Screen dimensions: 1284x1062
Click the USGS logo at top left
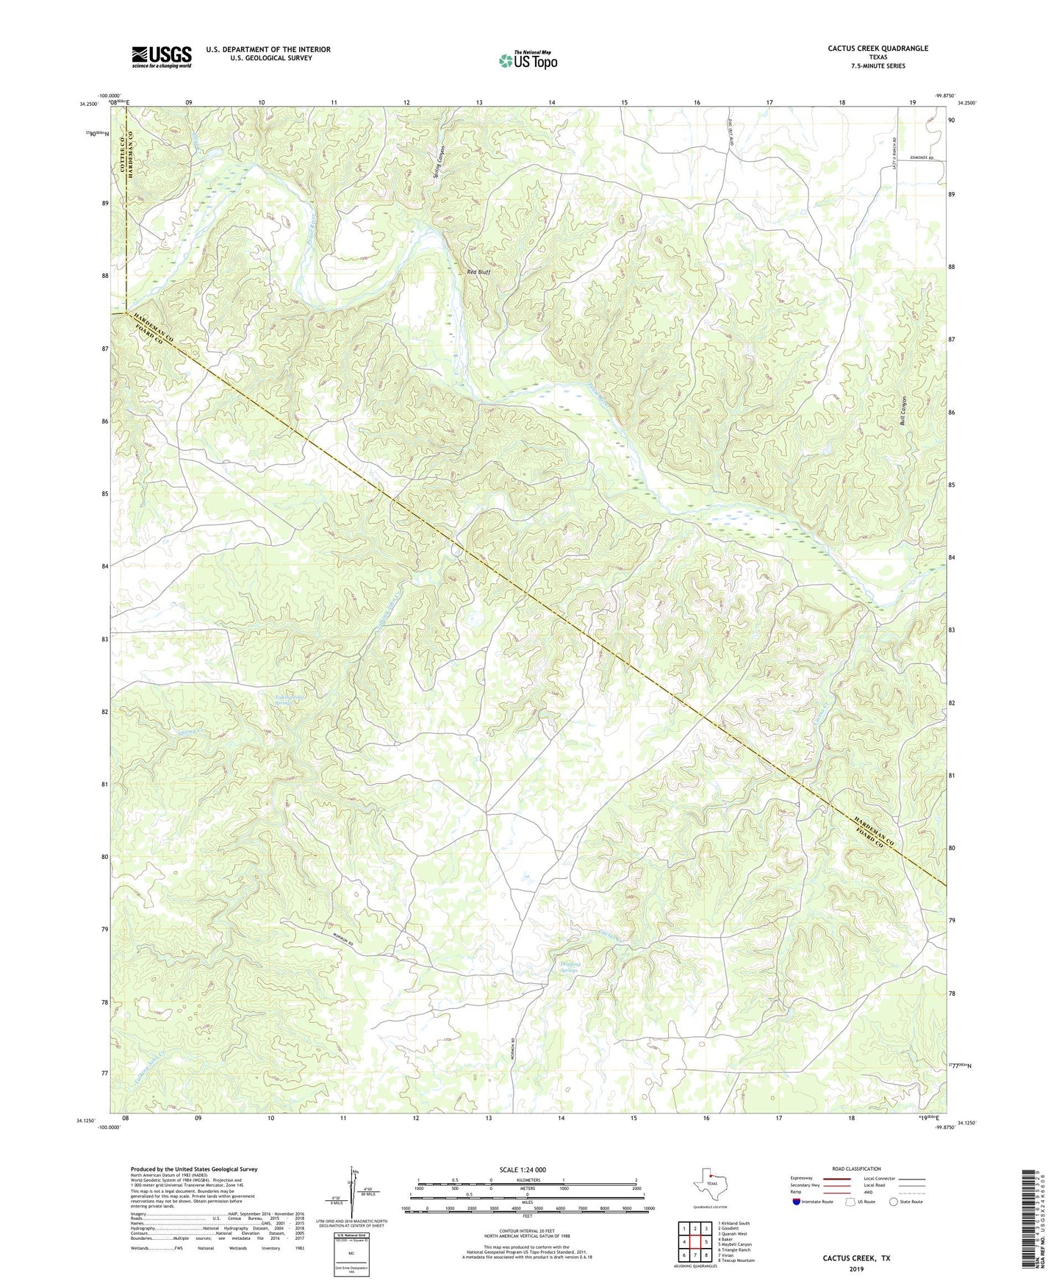click(x=162, y=57)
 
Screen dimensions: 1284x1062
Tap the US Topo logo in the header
click(x=528, y=60)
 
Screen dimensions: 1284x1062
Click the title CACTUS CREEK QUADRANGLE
click(x=878, y=49)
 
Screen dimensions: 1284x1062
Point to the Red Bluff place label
click(x=478, y=272)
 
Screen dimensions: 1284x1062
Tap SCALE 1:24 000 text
click(x=523, y=1169)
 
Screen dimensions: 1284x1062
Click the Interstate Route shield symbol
click(x=798, y=1201)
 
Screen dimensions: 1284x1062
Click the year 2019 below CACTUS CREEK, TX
click(x=855, y=1269)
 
